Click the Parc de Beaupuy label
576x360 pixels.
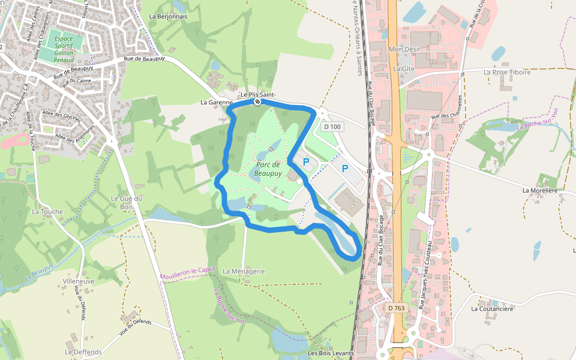tap(267, 169)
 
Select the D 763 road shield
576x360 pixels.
tap(395, 308)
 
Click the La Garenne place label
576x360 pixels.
tap(212, 103)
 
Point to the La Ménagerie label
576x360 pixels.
tap(244, 271)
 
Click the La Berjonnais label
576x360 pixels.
tap(168, 16)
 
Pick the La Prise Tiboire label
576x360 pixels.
tap(507, 72)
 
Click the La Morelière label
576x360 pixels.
tap(540, 190)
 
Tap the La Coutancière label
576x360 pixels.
tap(492, 309)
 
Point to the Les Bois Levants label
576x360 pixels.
tap(331, 353)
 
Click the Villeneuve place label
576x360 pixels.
tap(79, 281)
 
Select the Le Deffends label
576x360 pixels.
tap(83, 352)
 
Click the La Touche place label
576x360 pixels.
tap(47, 212)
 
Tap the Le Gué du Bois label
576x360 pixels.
tap(127, 202)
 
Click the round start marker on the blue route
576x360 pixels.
tap(257, 102)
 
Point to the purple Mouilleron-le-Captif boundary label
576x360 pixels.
tap(187, 274)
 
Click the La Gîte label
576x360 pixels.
tap(404, 69)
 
